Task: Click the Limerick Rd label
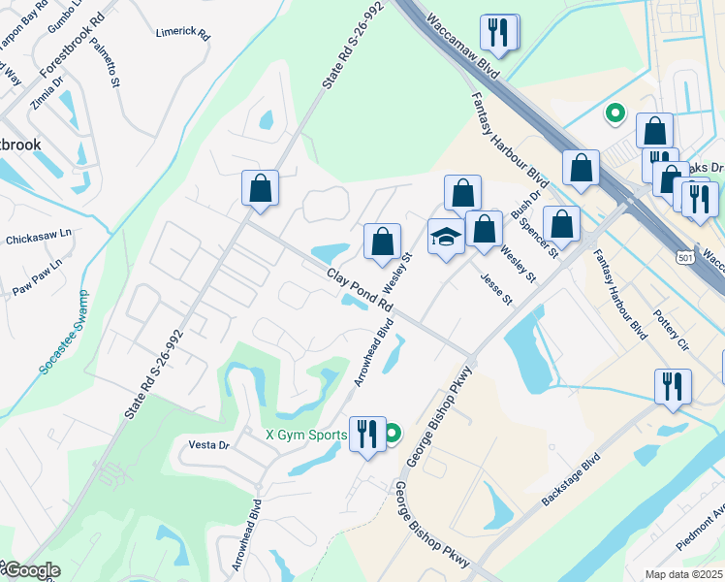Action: tap(182, 32)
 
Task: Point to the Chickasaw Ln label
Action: tap(40, 237)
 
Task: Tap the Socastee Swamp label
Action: tap(63, 333)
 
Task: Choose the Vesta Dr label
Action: tap(208, 445)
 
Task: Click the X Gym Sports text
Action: tap(307, 435)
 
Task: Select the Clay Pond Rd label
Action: tap(360, 289)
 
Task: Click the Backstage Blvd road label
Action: tap(573, 478)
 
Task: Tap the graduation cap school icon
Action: tap(446, 238)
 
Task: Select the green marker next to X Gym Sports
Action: tap(392, 434)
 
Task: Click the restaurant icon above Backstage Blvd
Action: tap(672, 386)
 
